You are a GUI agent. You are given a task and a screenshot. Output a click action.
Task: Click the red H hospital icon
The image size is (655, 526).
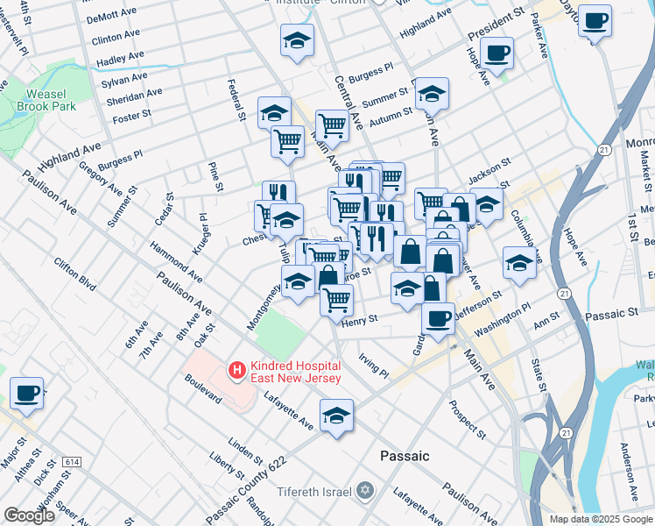(236, 371)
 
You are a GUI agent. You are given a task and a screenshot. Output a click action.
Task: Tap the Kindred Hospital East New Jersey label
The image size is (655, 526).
(292, 371)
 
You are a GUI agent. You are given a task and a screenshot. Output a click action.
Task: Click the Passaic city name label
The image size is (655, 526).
(405, 456)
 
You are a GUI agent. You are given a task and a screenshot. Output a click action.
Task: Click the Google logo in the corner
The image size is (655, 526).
(29, 515)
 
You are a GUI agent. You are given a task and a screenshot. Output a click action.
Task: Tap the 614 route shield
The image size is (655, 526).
(72, 461)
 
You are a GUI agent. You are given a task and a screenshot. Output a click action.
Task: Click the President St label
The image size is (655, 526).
(495, 25)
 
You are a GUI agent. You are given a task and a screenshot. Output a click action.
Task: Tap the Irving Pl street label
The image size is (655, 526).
(374, 366)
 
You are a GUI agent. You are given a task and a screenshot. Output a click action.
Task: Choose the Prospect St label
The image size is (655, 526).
(467, 419)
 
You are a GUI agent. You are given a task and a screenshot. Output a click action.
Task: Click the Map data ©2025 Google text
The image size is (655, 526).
(600, 518)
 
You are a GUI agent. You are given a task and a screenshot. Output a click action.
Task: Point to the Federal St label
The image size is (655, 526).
(234, 100)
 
